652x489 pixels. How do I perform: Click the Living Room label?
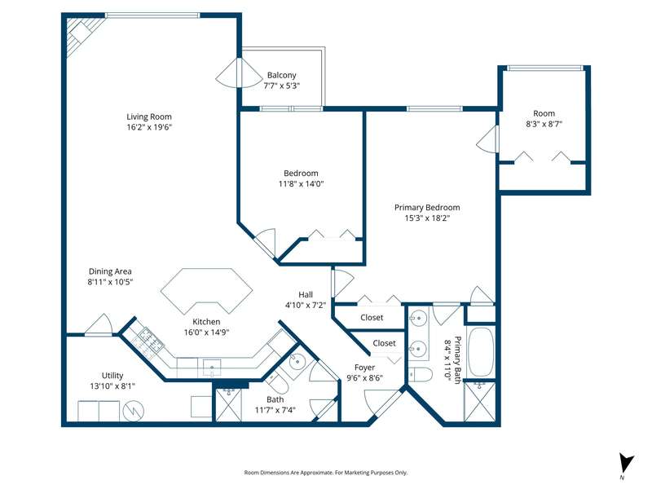click(149, 117)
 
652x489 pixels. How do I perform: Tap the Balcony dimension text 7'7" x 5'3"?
click(281, 86)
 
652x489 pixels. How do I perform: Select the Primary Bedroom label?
click(427, 208)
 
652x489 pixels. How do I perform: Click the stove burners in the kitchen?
click(151, 339)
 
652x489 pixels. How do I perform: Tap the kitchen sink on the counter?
click(212, 368)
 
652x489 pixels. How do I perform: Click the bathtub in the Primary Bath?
click(481, 352)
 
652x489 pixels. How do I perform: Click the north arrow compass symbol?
click(625, 465)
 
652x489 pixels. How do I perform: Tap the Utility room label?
click(112, 376)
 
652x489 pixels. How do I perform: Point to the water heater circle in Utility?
click(133, 412)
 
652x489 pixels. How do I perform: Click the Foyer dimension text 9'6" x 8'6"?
click(364, 378)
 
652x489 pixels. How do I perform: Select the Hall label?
click(306, 294)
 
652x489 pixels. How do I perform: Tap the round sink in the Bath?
click(297, 362)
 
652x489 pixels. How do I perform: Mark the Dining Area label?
click(110, 271)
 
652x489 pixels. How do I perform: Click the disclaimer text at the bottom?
click(325, 473)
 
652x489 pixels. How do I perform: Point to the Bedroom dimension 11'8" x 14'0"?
click(301, 183)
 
